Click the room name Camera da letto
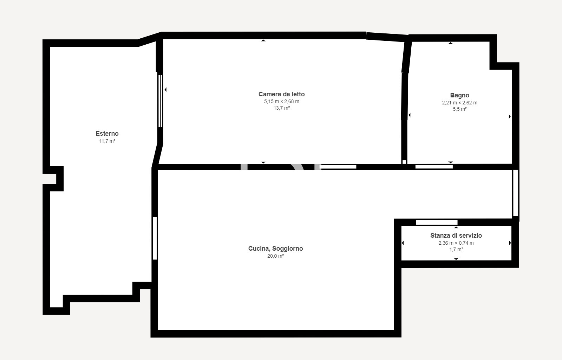[x=281, y=94]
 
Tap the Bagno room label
[x=460, y=95]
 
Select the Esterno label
[x=107, y=134]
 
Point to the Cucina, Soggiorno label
[x=275, y=249]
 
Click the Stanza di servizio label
[x=456, y=236]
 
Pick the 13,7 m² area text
[x=281, y=108]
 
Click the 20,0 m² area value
[x=275, y=256]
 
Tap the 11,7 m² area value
[x=107, y=141]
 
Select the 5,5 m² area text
[x=460, y=109]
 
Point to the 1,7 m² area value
[x=456, y=249]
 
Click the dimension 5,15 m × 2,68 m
[x=281, y=101]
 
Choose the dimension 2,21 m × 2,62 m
[x=460, y=103]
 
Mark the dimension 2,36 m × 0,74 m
[x=456, y=243]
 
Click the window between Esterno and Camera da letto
[x=160, y=101]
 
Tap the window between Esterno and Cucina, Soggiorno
[x=155, y=238]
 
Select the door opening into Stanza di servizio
[x=437, y=222]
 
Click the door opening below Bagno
[x=434, y=167]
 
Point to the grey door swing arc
[x=297, y=167]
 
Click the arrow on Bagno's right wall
[x=510, y=116]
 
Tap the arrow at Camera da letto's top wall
[x=263, y=40]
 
